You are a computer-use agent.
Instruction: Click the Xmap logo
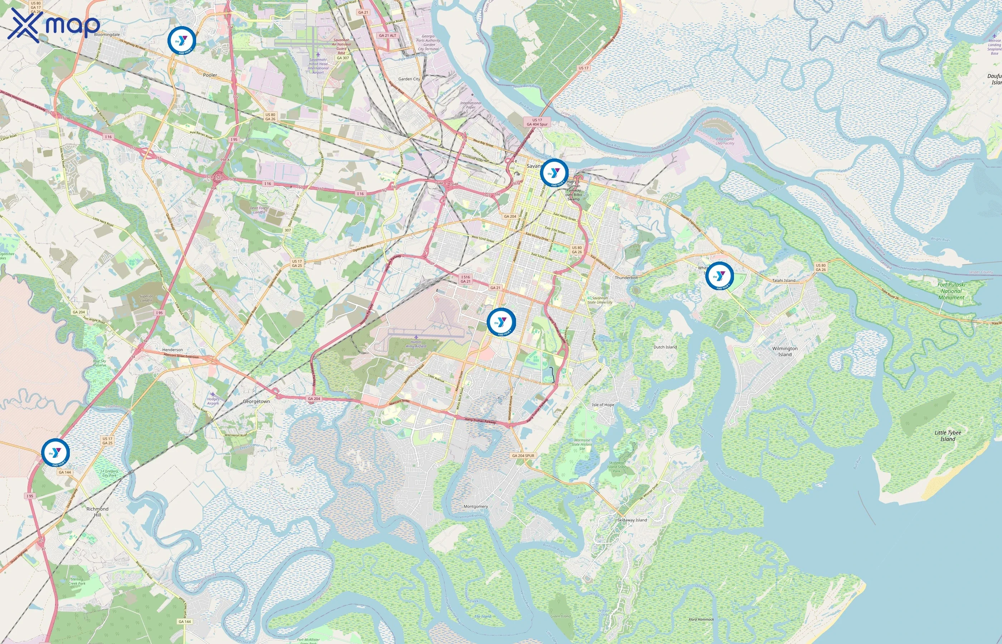point(54,25)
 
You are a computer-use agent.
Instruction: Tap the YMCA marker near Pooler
point(182,40)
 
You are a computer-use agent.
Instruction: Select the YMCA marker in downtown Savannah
point(554,173)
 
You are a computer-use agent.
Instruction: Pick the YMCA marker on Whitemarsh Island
point(719,276)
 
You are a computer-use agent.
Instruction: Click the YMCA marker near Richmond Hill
point(55,453)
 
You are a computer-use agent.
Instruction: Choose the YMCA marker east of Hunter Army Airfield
point(501,322)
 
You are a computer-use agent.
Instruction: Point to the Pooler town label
point(210,75)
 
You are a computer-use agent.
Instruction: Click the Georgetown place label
point(256,401)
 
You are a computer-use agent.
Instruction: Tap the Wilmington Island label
point(784,351)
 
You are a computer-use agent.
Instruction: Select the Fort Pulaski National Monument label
point(952,291)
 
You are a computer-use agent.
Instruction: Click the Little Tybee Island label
point(948,436)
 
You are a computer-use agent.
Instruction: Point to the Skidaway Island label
point(632,520)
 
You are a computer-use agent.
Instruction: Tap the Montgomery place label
point(476,506)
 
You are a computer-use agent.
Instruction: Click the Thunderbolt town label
point(626,278)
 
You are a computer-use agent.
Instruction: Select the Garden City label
point(409,79)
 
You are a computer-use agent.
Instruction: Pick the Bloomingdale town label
point(107,35)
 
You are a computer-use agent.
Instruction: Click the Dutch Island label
point(665,347)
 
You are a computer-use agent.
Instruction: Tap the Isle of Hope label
point(603,405)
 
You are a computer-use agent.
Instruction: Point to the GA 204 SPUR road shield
point(523,455)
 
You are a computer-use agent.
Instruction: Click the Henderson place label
point(172,350)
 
